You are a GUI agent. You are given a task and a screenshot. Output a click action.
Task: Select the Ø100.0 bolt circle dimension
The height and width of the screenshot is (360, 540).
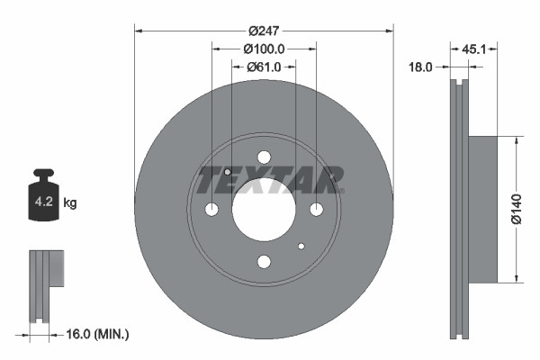point(264,49)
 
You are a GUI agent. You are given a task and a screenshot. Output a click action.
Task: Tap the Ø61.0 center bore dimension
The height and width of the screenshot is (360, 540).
point(264,67)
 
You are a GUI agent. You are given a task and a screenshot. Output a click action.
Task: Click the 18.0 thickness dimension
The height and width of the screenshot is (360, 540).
point(421,67)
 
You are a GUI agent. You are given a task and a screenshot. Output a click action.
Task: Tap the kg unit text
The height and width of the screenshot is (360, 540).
point(70,203)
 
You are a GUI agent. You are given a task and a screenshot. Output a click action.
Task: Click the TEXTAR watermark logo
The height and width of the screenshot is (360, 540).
point(270,179)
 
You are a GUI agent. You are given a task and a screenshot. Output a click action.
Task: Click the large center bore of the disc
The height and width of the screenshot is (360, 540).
point(264,209)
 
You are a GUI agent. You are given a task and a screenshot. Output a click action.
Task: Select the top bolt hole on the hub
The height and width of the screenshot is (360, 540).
point(264,157)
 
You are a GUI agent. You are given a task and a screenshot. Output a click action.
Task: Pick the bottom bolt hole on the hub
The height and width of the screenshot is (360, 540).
point(264,262)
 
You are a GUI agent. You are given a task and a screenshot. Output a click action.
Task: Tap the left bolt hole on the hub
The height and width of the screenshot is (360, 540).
point(211,210)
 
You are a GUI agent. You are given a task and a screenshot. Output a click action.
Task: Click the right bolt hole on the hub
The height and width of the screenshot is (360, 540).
point(316,210)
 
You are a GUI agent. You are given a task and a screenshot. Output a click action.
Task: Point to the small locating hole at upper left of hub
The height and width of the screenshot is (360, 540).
point(228,173)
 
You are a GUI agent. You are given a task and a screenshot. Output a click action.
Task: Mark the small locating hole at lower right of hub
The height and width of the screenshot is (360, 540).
point(301,246)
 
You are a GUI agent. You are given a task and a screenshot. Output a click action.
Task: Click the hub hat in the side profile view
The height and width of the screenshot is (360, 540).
point(482,209)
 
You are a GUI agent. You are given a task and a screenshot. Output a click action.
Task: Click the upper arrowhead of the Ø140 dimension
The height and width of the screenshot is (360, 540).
point(516,140)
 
